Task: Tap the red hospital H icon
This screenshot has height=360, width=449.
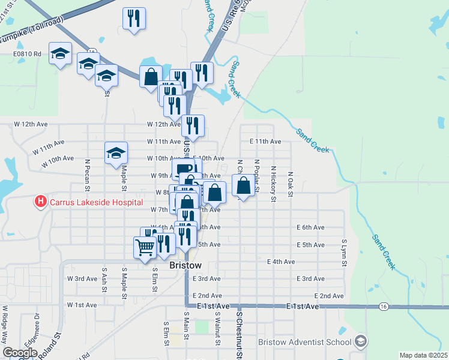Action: (40, 201)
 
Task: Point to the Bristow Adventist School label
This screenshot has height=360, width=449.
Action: (304, 342)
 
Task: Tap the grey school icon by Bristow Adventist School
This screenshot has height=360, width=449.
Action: (360, 341)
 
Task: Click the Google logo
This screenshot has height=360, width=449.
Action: (20, 353)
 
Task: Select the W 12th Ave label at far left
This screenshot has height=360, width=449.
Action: (31, 124)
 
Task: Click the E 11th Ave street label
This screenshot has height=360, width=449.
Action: (265, 142)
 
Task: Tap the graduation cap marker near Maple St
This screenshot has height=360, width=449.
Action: (116, 153)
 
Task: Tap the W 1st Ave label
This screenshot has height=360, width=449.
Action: (82, 305)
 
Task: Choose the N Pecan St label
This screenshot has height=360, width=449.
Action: (87, 170)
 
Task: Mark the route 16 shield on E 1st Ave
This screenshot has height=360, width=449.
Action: (383, 306)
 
